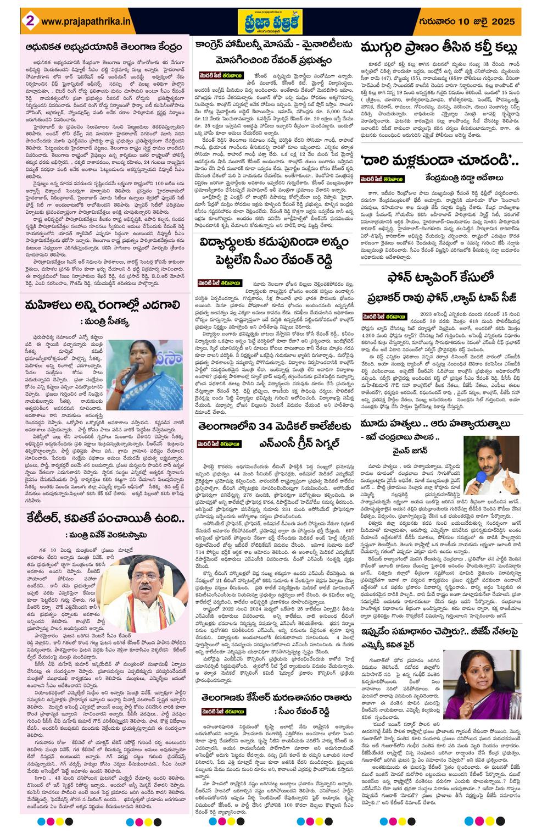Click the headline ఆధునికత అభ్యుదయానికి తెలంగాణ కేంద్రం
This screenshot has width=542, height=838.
(104, 47)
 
